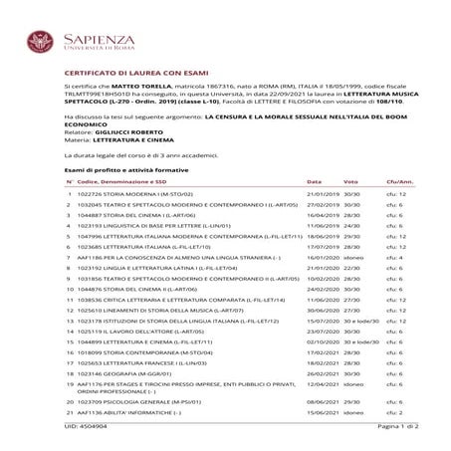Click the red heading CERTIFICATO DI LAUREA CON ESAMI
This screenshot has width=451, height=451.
point(138,73)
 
